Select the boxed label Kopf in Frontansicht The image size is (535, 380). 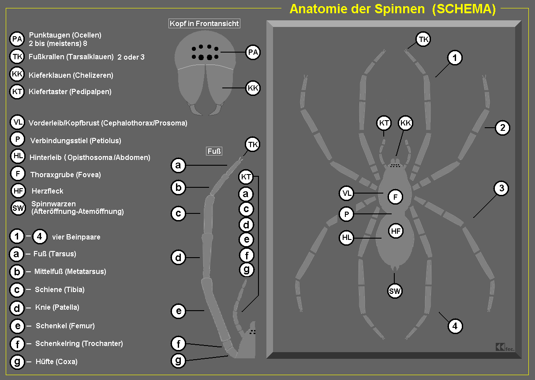[x=205, y=23]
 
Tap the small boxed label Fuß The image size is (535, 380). [x=214, y=152]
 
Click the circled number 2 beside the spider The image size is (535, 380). [x=502, y=128]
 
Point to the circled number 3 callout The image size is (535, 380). [x=501, y=189]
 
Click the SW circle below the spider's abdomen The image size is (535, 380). [x=395, y=291]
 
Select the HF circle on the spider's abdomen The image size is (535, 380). [x=396, y=230]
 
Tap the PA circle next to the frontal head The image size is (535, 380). [x=253, y=53]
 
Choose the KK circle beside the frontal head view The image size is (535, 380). [x=253, y=88]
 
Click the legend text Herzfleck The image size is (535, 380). [x=47, y=191]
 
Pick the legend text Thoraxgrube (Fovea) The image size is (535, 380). [x=65, y=175]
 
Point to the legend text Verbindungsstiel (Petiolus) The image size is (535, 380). [x=75, y=141]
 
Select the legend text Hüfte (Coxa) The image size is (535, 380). [x=56, y=362]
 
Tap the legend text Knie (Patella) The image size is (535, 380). [x=57, y=308]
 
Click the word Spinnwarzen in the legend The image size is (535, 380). [x=54, y=204]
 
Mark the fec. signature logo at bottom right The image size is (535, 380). [x=505, y=348]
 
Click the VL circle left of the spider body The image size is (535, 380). [x=347, y=193]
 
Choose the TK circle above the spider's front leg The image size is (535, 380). [x=423, y=39]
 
